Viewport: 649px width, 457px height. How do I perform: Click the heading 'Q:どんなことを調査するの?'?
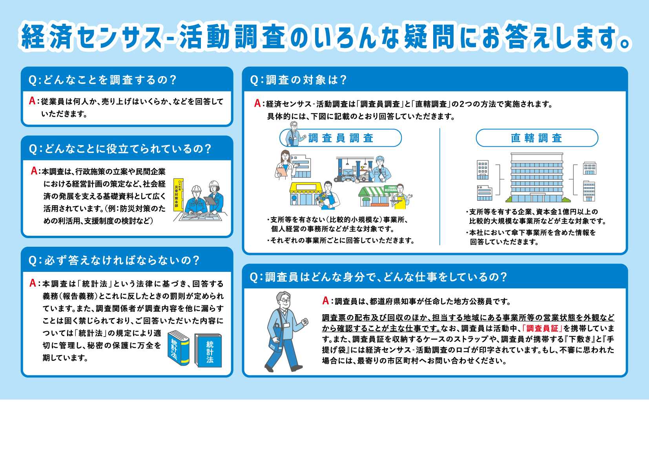pos(103,80)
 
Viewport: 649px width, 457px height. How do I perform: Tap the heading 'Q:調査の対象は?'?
pos(299,80)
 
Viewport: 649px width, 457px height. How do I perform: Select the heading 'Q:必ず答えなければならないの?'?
pos(114,260)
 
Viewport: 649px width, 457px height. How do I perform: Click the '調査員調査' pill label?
pos(341,138)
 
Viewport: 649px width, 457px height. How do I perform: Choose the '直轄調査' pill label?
pos(536,138)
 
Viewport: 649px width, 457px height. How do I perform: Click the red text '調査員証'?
pos(542,328)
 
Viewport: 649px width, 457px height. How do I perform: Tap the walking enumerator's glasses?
pos(285,300)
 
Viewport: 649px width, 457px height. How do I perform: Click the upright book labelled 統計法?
pos(208,350)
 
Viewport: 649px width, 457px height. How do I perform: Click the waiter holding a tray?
pos(401,197)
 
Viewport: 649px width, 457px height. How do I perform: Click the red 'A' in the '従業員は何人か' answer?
pos(33,101)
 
